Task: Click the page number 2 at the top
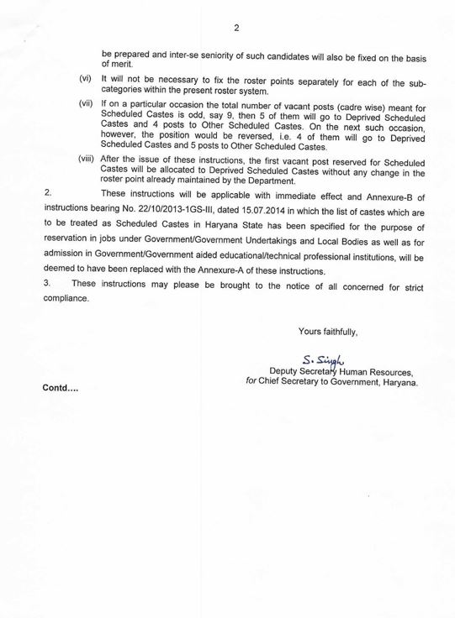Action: tap(237, 27)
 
